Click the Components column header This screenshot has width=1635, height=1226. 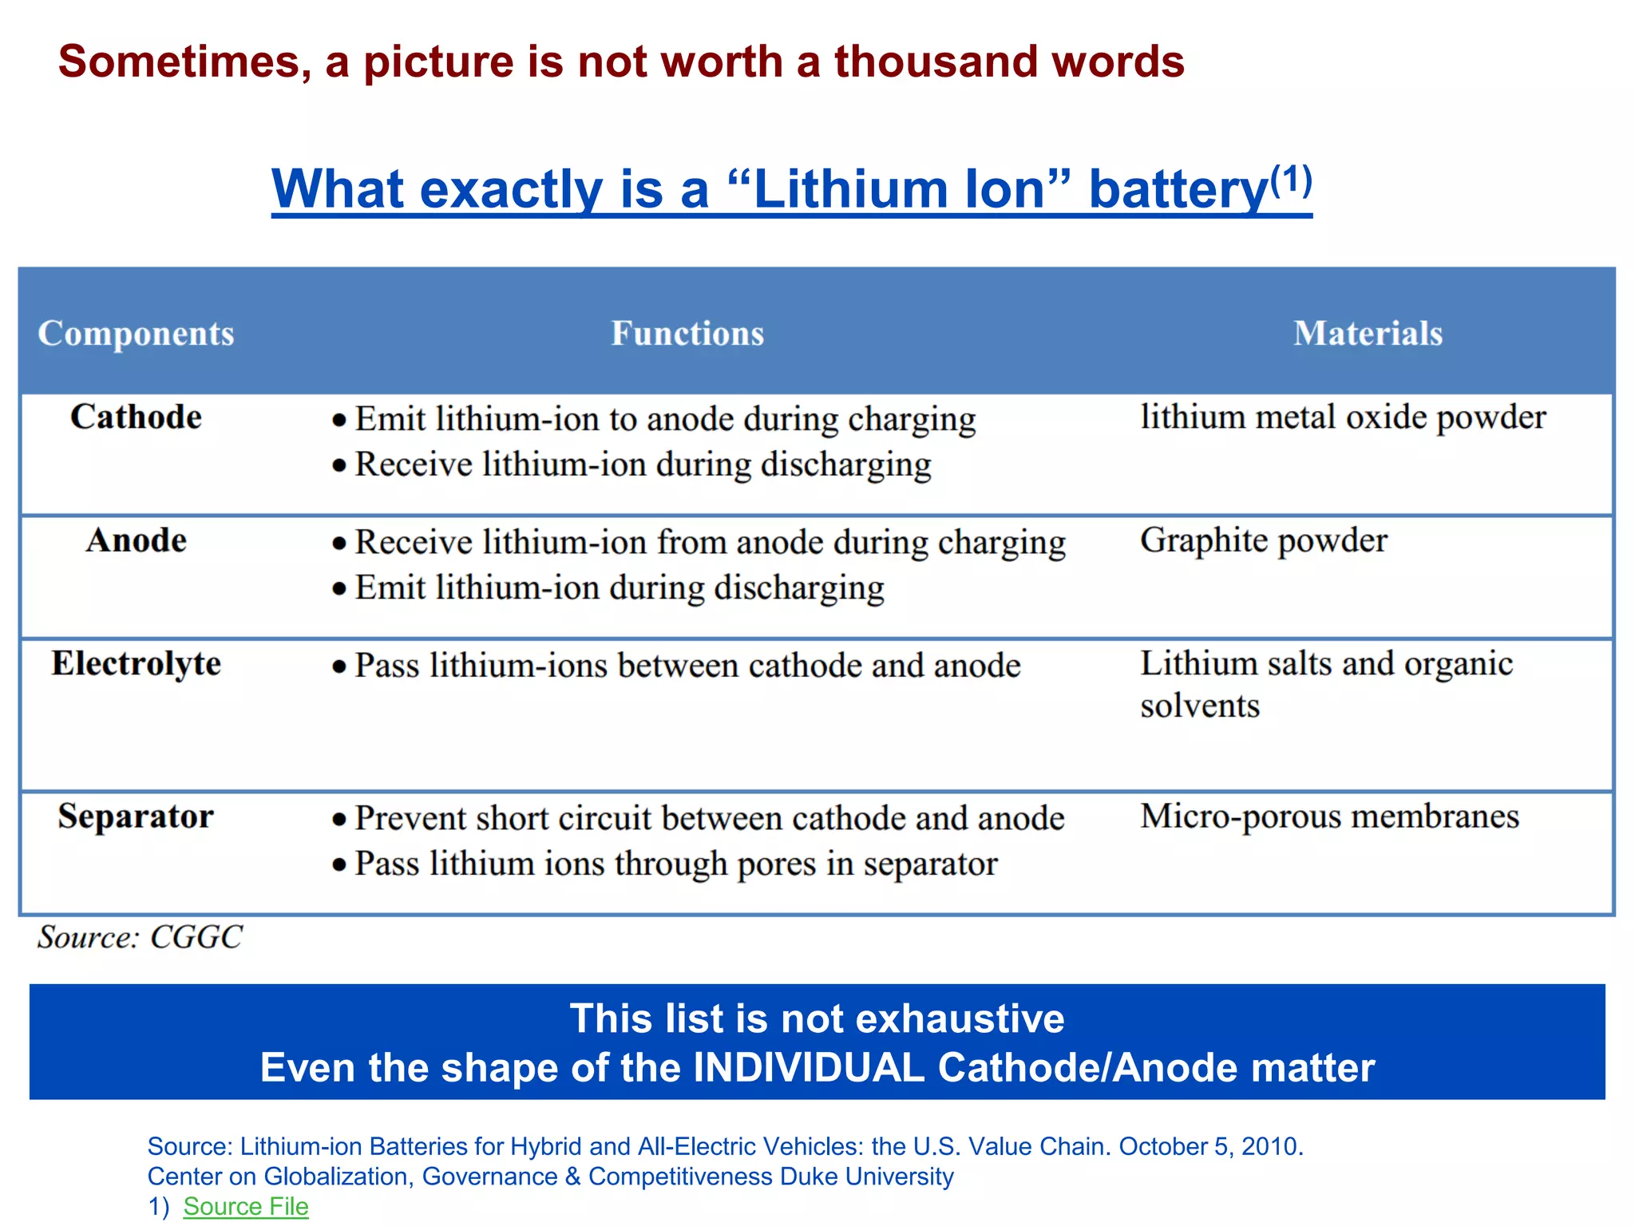tap(136, 334)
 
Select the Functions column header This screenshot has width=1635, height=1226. tap(687, 334)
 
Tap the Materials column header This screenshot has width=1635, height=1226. tap(1368, 334)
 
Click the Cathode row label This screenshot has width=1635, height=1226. tap(136, 417)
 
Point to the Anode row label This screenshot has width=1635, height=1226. tap(136, 541)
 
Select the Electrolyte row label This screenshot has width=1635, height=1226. tap(136, 664)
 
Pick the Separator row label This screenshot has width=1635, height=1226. tap(136, 817)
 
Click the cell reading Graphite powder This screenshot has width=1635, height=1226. tap(1263, 541)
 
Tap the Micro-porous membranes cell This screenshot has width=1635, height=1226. tap(1329, 817)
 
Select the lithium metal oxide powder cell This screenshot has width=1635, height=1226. tap(1343, 417)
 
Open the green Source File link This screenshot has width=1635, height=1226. tap(245, 1206)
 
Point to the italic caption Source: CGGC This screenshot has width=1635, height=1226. tap(140, 937)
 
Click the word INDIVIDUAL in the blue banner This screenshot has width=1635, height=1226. tap(809, 1068)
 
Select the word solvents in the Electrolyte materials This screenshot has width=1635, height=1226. tap(1199, 706)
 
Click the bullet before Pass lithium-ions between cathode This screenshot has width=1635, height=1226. tap(339, 666)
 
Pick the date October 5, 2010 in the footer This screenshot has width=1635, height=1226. tap(1209, 1146)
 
